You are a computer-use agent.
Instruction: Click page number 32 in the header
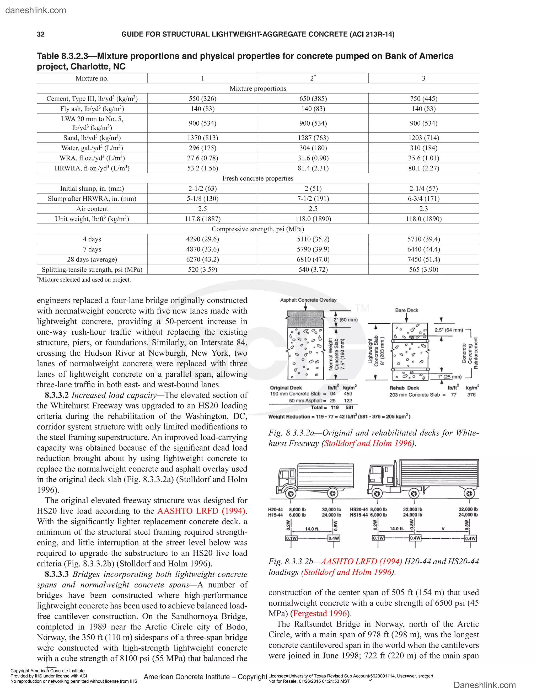click(41, 34)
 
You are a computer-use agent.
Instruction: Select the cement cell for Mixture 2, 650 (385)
click(313, 99)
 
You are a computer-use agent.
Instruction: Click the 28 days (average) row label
click(92, 259)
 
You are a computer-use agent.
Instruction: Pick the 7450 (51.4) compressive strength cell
click(423, 259)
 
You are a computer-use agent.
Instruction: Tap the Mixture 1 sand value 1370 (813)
click(203, 138)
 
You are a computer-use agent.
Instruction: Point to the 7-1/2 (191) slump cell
click(313, 199)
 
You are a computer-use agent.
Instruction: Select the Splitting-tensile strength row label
click(92, 270)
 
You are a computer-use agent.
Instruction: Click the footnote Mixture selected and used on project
click(84, 280)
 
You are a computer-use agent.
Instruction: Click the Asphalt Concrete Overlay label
click(308, 300)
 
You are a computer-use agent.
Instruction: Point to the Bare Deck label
click(407, 310)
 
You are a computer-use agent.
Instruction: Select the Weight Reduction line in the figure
click(339, 416)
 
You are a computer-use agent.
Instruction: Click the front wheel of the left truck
click(291, 494)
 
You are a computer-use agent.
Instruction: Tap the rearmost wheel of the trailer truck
click(469, 494)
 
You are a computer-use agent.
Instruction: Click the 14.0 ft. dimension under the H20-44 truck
click(312, 529)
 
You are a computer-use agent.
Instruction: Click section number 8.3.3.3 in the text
click(57, 574)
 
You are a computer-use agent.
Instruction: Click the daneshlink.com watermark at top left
click(36, 10)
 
